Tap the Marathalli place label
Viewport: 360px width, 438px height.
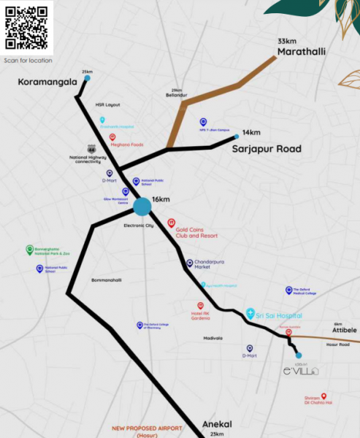(301, 53)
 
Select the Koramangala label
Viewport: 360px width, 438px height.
(47, 82)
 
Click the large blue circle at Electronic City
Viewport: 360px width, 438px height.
(142, 207)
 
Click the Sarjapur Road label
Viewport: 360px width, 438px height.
(267, 149)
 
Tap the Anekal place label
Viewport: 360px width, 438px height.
(217, 425)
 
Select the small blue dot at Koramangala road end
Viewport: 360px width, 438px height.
(87, 77)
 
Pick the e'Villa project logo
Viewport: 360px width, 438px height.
(301, 371)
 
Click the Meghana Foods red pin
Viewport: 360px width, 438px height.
(112, 137)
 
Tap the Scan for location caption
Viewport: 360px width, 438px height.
(28, 60)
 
